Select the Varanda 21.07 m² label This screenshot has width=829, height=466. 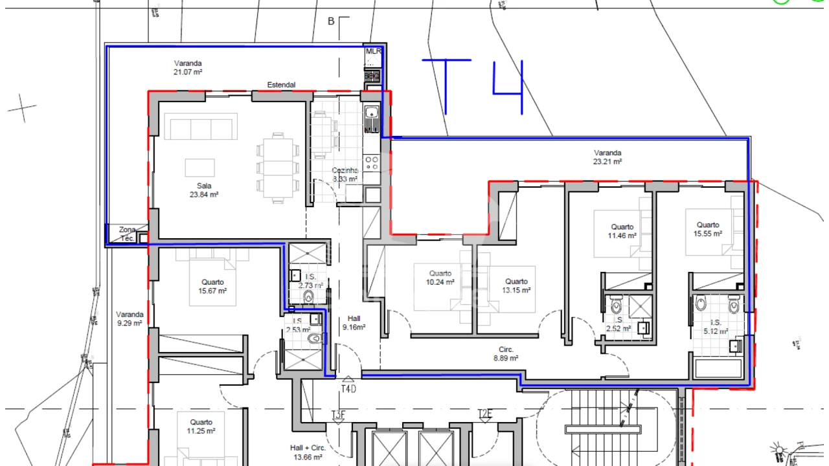[x=188, y=68]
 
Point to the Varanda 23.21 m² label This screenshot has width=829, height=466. [x=608, y=157]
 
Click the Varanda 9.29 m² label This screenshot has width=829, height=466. [x=129, y=319]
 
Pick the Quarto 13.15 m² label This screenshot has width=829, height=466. [x=516, y=285]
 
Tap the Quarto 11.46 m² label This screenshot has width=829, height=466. [x=622, y=232]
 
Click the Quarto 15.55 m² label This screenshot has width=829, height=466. [x=707, y=230]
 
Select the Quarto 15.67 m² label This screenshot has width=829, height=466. [x=212, y=287]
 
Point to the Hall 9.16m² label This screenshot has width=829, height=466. [x=354, y=323]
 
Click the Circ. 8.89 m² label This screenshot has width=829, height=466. [x=506, y=354]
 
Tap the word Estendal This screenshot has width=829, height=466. [x=281, y=85]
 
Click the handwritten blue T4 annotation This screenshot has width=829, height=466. [x=473, y=86]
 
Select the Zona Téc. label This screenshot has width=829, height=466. [x=127, y=234]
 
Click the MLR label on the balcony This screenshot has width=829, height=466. [x=374, y=51]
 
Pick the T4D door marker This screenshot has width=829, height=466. [x=348, y=389]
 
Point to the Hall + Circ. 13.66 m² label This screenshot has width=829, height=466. [x=308, y=452]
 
